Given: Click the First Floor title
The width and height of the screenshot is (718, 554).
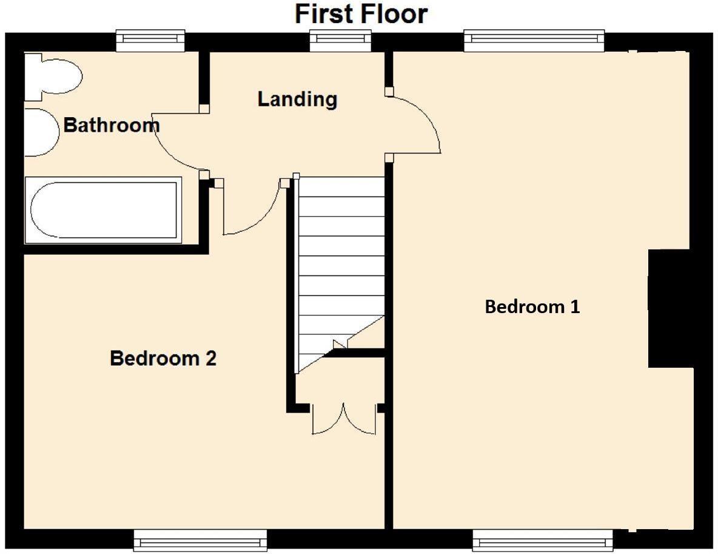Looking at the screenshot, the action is pos(361,14).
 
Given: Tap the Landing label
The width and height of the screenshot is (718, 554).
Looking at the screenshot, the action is pos(298,99).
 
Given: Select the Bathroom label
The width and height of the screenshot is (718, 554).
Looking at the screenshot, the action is pos(111,124).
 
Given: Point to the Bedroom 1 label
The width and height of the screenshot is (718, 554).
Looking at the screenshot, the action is pos(532,306).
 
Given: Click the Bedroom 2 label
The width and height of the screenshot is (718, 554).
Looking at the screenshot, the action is pos(163,358).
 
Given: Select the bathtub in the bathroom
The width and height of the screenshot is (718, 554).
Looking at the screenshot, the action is pos(104,211).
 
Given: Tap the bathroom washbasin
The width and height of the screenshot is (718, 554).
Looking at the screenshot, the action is pos(42,132).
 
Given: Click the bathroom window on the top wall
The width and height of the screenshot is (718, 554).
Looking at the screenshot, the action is pos(150,40).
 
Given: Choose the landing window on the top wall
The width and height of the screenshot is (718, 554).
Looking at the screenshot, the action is pos(340,40).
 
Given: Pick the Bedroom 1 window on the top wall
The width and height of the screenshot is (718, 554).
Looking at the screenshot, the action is pos(534,40).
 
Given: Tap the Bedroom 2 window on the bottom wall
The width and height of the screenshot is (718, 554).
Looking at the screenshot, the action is pos(200,539).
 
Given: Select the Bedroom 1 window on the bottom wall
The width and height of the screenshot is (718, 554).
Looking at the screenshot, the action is pos(543,539).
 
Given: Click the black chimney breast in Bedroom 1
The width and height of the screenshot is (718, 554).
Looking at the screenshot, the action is pos(669,308).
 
